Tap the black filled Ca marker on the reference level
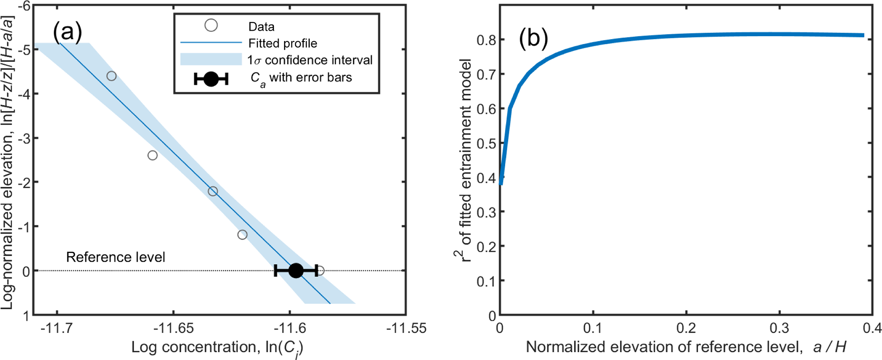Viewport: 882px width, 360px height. coord(296,270)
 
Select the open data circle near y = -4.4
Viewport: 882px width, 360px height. coord(111,76)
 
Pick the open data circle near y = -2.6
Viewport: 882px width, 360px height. coord(152,155)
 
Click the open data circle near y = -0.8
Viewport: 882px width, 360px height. coord(242,235)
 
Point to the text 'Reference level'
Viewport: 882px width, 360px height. coord(116,257)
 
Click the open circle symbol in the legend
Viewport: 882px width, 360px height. coord(211,26)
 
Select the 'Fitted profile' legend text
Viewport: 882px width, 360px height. coord(282,43)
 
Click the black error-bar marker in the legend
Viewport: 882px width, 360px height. coord(211,79)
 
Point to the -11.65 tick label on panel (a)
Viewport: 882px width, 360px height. coord(174,328)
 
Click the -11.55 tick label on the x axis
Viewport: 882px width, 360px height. coord(406,328)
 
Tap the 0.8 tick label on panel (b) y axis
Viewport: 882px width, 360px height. coord(486,40)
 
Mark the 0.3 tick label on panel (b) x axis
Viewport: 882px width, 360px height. coord(779,328)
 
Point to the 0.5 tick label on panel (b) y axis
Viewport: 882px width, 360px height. coord(486,143)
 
